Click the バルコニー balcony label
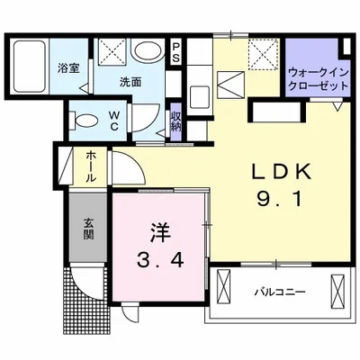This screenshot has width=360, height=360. (279, 292)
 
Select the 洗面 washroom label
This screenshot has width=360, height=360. (130, 82)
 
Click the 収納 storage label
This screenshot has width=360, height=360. (176, 121)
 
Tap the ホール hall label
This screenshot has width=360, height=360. (92, 167)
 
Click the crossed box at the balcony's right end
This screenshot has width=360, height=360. (337, 291)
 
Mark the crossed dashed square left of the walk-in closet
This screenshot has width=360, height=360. (261, 56)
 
